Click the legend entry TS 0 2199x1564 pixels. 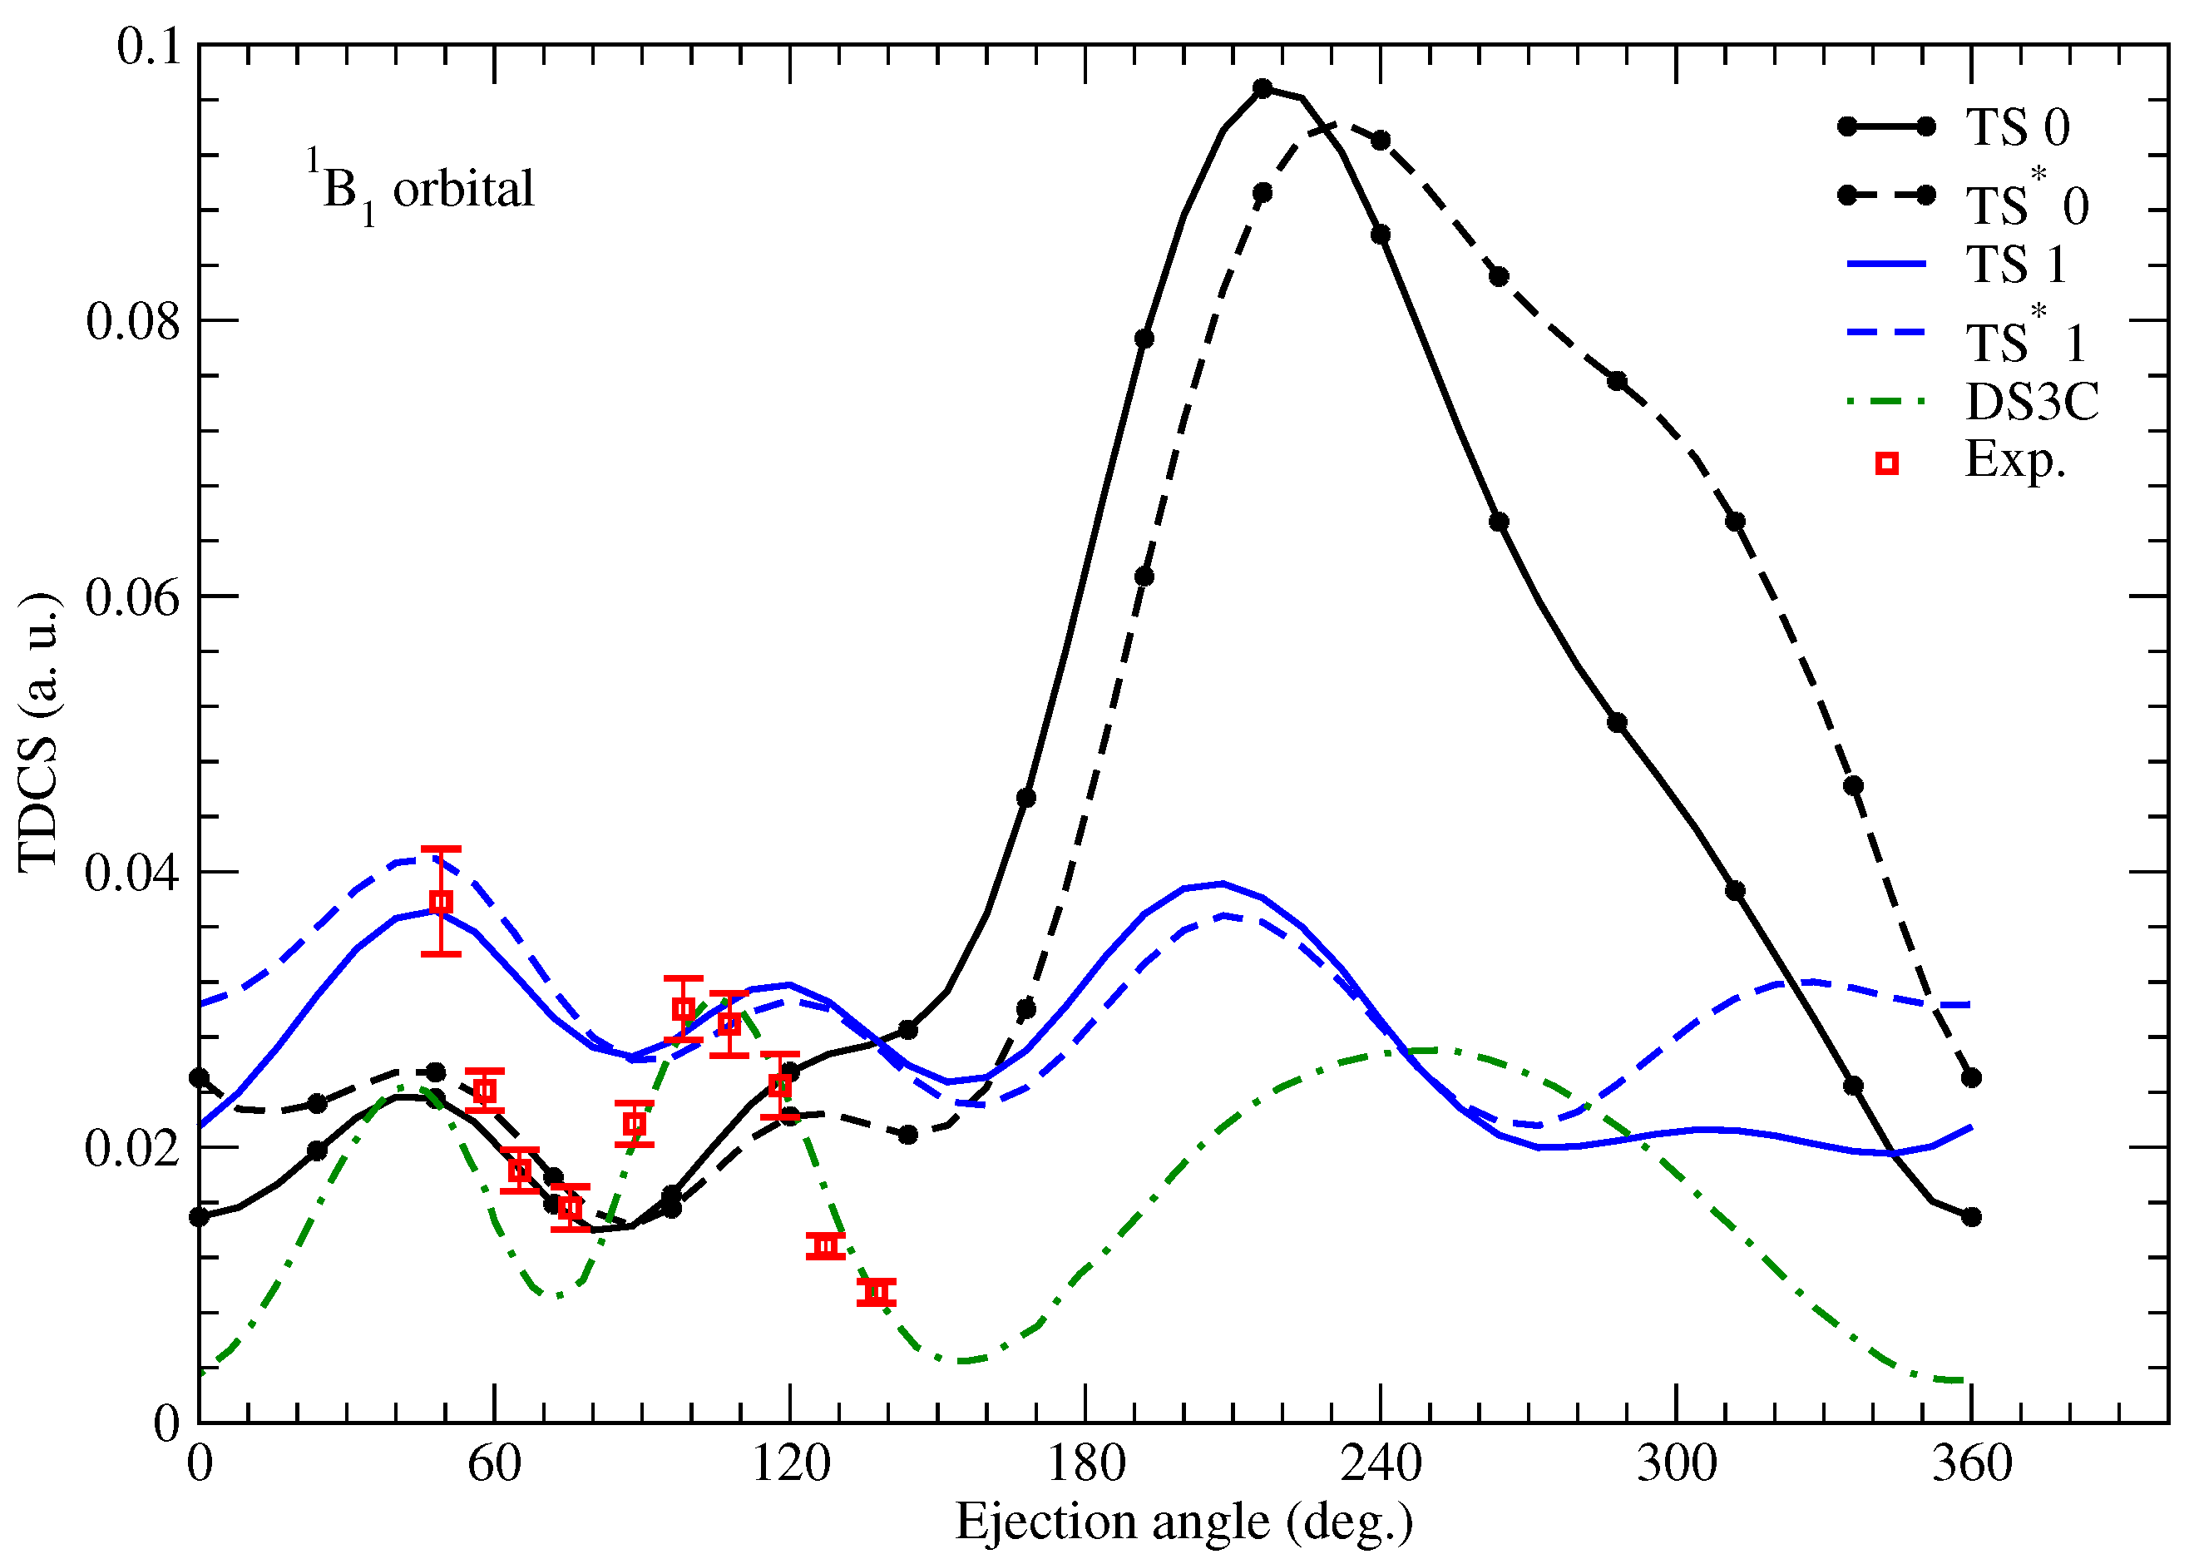click(2017, 128)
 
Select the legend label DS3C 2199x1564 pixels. click(2032, 402)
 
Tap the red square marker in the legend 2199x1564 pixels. click(1887, 464)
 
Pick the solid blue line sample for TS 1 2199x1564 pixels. click(1886, 263)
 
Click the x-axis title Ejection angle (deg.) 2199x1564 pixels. click(1184, 1522)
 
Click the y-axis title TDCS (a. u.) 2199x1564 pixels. click(41, 732)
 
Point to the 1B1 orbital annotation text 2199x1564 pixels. click(421, 189)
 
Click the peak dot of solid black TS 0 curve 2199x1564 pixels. click(1263, 87)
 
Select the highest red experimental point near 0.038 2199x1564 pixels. click(441, 902)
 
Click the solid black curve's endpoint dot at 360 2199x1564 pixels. click(1971, 1217)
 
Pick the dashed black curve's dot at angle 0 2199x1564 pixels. click(200, 1076)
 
